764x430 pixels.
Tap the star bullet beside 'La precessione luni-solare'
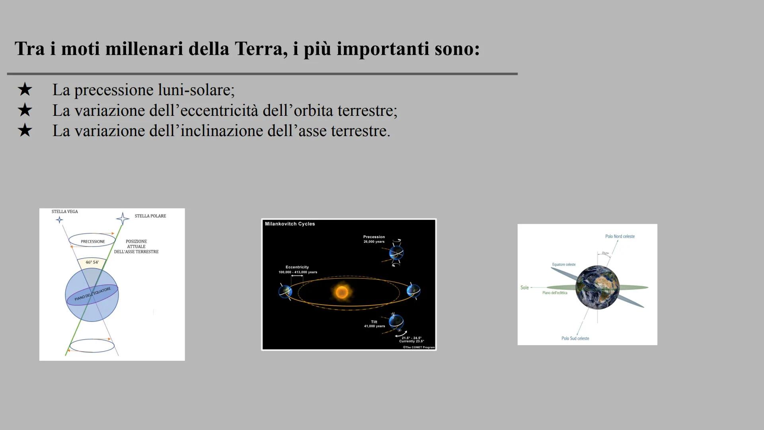(x=25, y=90)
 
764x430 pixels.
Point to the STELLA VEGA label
(x=65, y=211)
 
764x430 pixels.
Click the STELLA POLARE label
(x=150, y=216)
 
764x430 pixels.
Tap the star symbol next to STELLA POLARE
(x=123, y=219)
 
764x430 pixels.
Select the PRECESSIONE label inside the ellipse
(x=93, y=242)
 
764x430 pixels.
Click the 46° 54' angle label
(x=92, y=262)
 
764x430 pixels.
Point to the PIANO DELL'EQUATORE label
(x=92, y=294)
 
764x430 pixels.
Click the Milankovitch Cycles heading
(x=290, y=224)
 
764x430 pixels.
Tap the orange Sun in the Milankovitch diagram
(x=341, y=292)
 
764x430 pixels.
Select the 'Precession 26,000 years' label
(x=374, y=239)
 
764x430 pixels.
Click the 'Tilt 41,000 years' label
(x=374, y=324)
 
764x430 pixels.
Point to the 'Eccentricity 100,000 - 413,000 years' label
(x=298, y=270)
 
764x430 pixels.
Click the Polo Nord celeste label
(x=620, y=236)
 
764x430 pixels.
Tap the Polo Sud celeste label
(x=575, y=338)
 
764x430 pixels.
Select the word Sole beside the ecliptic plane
(x=524, y=287)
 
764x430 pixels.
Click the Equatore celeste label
(x=563, y=264)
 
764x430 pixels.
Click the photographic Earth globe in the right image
(x=597, y=287)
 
